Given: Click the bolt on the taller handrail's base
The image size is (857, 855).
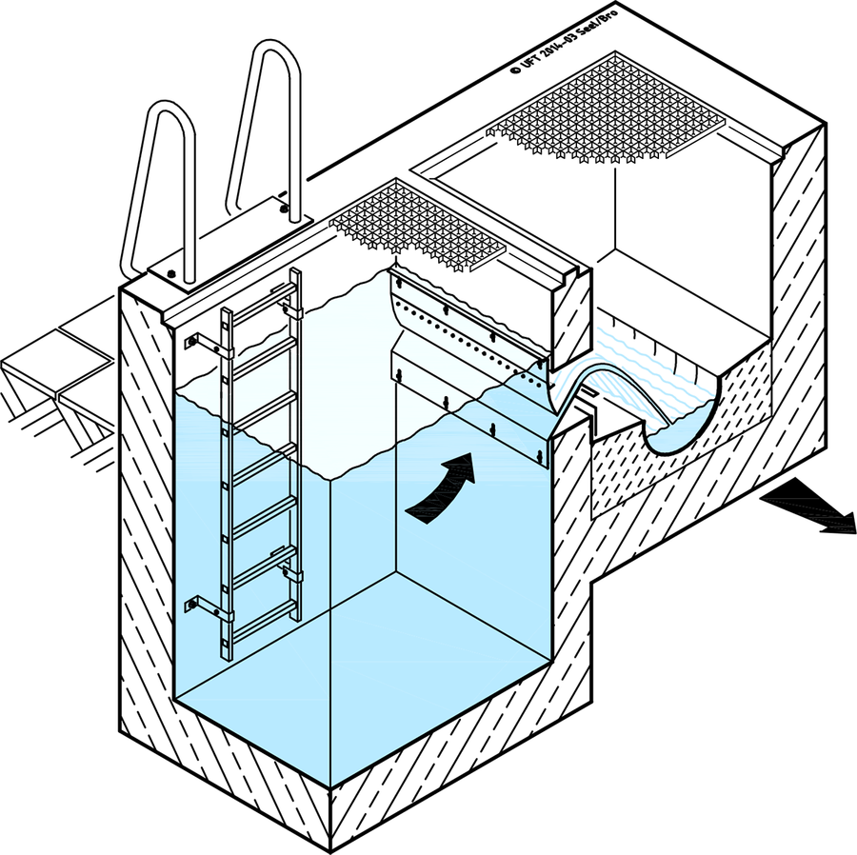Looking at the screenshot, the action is (283, 209).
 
